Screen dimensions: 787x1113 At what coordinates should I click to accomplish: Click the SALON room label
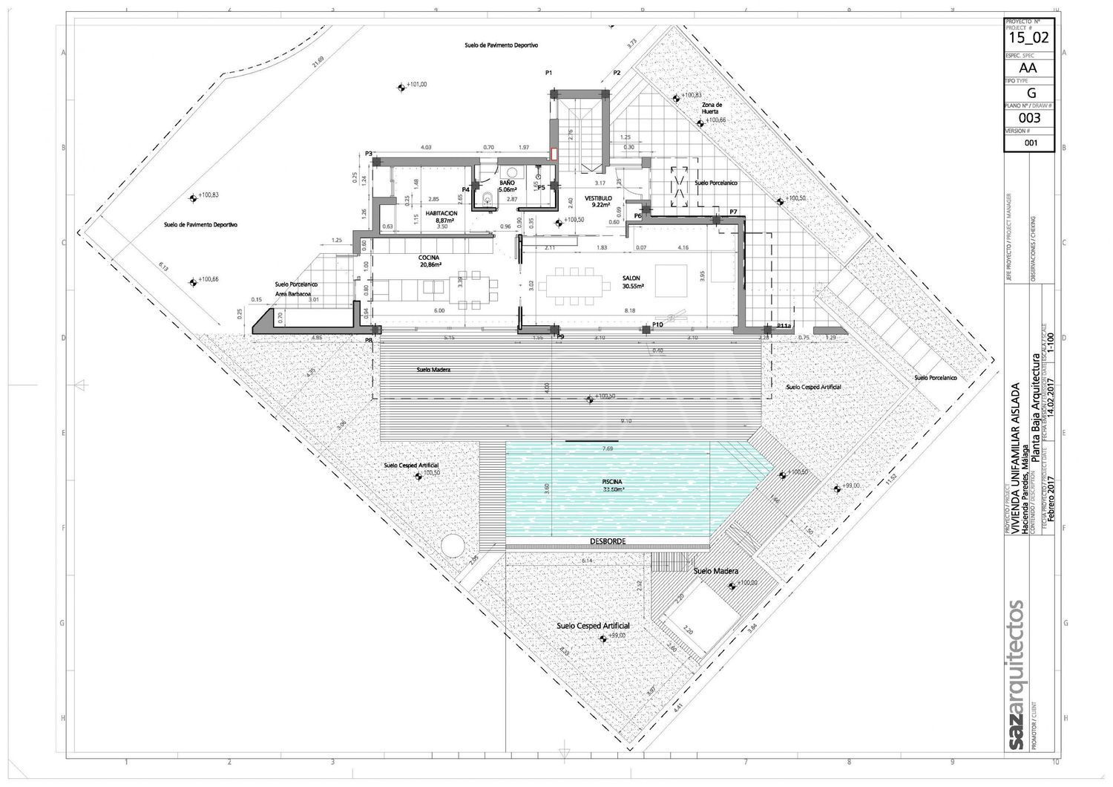pos(632,278)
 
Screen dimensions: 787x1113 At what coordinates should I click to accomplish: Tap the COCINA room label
pos(430,258)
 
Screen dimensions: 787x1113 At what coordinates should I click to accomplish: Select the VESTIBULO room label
pos(597,198)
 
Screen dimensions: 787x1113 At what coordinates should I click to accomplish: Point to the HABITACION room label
pos(441,213)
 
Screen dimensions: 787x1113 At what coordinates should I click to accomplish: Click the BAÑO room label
pos(507,183)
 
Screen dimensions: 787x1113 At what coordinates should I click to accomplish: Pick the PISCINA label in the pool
pos(613,482)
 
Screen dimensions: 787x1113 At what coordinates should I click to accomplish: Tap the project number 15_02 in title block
pos(1028,36)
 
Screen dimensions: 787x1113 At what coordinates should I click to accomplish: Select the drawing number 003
pos(1028,117)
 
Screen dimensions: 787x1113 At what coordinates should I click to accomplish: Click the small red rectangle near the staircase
pos(554,154)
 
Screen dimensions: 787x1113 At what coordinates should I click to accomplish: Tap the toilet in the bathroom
pos(487,197)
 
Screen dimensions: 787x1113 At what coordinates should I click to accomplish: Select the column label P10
pos(657,325)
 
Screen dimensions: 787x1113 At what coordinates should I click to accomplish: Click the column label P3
pos(368,154)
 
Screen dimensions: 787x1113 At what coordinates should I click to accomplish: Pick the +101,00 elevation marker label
pos(416,85)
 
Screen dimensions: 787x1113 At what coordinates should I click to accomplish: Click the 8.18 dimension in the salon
pos(630,310)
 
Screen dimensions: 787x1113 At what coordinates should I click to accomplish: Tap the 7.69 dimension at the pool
pos(607,448)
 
